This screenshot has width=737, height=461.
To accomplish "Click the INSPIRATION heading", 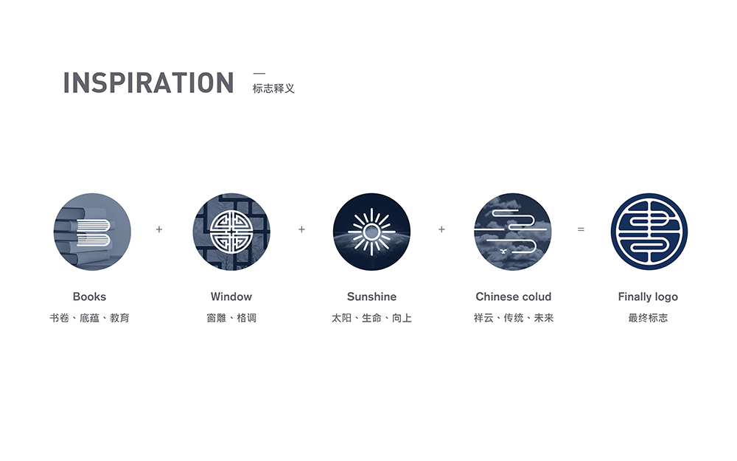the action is pyautogui.click(x=149, y=83).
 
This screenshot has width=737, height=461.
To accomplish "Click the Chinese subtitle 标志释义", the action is pyautogui.click(x=273, y=89).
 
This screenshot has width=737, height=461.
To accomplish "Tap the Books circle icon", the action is pyautogui.click(x=92, y=232).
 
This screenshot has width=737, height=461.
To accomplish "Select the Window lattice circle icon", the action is pyautogui.click(x=231, y=232).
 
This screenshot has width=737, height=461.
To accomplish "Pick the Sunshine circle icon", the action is pyautogui.click(x=371, y=232).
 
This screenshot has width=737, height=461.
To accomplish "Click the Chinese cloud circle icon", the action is pyautogui.click(x=512, y=232).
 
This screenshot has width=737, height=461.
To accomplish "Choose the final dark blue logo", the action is pyautogui.click(x=649, y=232).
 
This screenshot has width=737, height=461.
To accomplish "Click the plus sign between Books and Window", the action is pyautogui.click(x=159, y=229).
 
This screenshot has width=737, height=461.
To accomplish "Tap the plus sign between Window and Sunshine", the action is pyautogui.click(x=301, y=229).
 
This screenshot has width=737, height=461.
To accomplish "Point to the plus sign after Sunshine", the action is pyautogui.click(x=441, y=229).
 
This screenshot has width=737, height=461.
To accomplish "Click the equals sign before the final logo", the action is pyautogui.click(x=581, y=229).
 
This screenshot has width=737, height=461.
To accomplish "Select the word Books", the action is pyautogui.click(x=89, y=297).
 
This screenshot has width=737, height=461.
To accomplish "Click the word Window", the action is pyautogui.click(x=231, y=297).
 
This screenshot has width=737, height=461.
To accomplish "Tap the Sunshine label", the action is pyautogui.click(x=371, y=297).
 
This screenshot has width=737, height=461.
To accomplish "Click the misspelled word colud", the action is pyautogui.click(x=536, y=297).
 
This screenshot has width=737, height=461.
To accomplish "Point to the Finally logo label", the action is pyautogui.click(x=648, y=297).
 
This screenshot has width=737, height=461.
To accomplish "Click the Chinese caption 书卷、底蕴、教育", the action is pyautogui.click(x=89, y=318).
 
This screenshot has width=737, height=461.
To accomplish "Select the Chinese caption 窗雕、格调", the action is pyautogui.click(x=231, y=318).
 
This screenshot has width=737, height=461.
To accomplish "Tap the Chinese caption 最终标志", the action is pyautogui.click(x=648, y=318).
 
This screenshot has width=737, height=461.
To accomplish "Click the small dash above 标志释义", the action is pyautogui.click(x=259, y=73).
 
